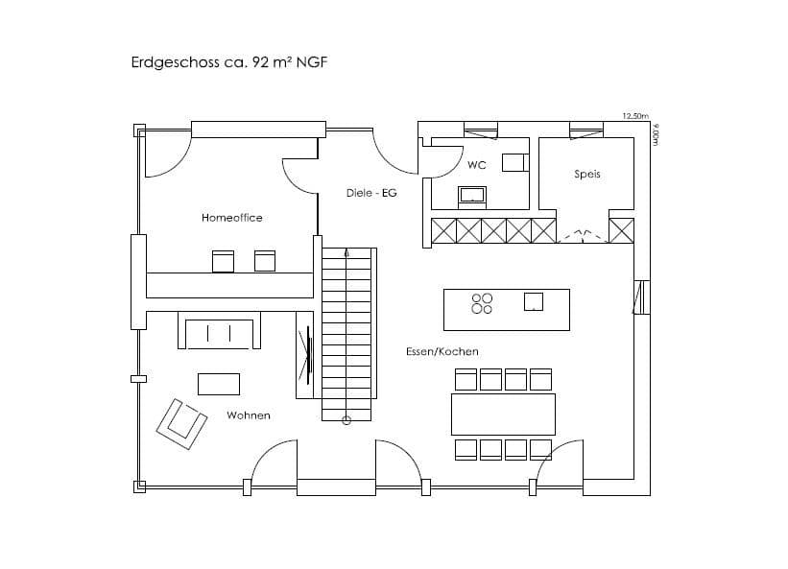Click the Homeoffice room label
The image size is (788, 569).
point(231,218)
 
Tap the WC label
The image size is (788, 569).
point(476,165)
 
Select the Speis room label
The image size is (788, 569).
point(587,175)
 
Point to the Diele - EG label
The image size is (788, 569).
point(371,193)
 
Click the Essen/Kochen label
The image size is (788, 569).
point(442,351)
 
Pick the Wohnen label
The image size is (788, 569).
point(249,415)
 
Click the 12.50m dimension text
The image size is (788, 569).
point(635,116)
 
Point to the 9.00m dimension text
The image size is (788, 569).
point(655,134)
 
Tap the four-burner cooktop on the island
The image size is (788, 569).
point(482,304)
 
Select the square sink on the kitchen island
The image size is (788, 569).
point(534,301)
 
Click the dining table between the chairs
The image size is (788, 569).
point(503,415)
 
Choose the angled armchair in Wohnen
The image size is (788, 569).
point(181,424)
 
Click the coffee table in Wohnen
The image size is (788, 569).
point(219,384)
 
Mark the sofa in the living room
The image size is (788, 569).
point(219,330)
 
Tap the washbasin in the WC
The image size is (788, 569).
point(472,197)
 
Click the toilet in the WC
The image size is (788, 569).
point(515,163)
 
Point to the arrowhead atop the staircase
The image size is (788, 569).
point(346,252)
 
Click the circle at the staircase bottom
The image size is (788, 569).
point(346,420)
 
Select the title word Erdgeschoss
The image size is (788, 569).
point(176,62)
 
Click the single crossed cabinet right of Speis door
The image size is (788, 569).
point(621,230)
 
